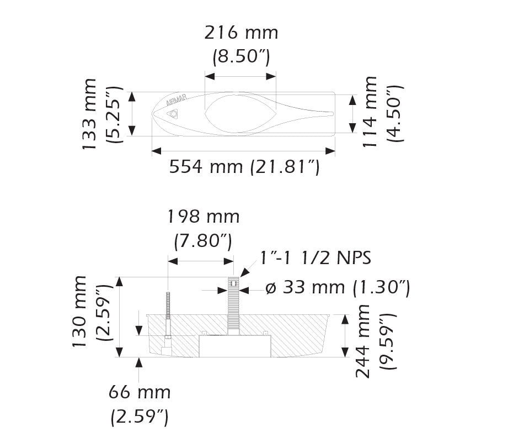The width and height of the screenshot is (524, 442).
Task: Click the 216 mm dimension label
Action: coord(241,33)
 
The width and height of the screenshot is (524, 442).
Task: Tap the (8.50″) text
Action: coord(241,56)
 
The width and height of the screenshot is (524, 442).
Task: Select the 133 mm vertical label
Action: coord(88,114)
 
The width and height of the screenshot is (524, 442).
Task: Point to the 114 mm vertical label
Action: coord(370,112)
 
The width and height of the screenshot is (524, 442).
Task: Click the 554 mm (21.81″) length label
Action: coord(244,166)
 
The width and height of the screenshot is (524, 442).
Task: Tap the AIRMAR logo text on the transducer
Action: coord(177,101)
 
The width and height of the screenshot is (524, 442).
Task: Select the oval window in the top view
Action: coord(239,113)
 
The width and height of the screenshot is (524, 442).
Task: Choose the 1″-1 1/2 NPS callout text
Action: coord(315,257)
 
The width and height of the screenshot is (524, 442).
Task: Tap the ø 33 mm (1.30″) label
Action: coord(337,288)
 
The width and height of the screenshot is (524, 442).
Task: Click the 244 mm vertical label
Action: coord(363,341)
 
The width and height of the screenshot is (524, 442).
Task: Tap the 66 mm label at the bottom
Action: coord(139,393)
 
